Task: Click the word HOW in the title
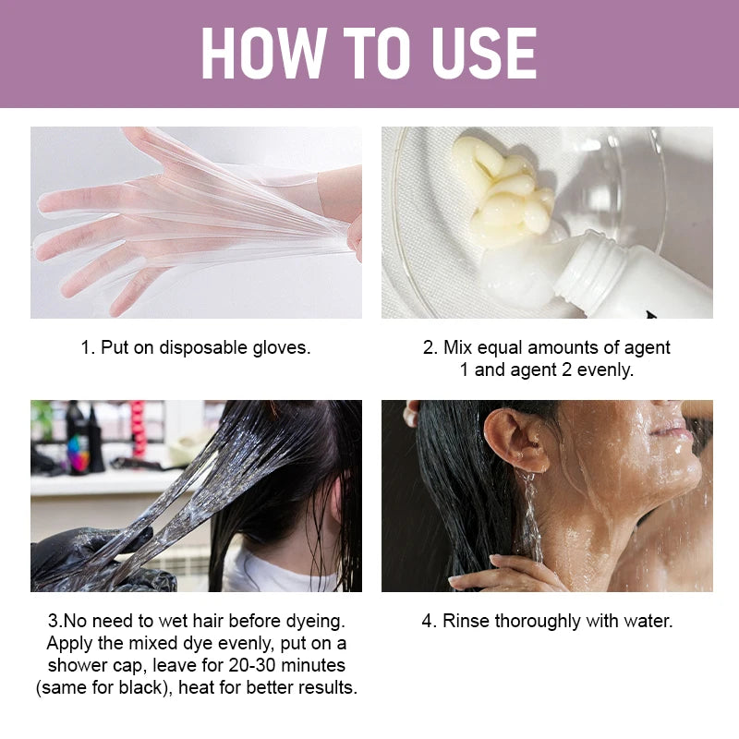click(x=264, y=53)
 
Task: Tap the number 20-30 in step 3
click(x=252, y=665)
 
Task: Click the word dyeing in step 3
click(x=315, y=622)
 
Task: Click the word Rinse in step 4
click(x=466, y=621)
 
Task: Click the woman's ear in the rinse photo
click(x=516, y=440)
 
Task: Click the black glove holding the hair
click(x=94, y=561)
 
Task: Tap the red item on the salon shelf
click(x=138, y=428)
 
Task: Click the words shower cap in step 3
click(x=95, y=665)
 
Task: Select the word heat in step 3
click(x=197, y=687)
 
